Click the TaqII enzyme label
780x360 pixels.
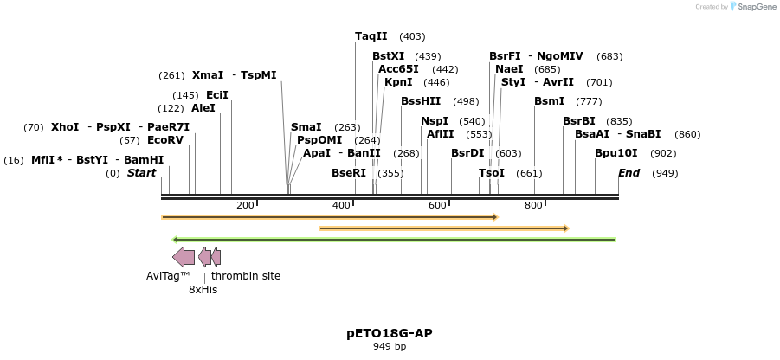click(371, 36)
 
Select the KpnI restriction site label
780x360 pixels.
click(398, 83)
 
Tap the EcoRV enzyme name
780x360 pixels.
click(165, 140)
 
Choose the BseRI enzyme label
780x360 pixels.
click(349, 173)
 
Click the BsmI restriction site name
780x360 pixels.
click(549, 101)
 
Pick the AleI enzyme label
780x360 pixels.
click(203, 108)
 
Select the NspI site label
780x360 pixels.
click(435, 121)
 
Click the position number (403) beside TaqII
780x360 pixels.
click(412, 36)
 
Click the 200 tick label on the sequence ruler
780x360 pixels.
click(245, 205)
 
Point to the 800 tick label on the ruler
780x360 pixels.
click(533, 205)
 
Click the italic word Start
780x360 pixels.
click(141, 173)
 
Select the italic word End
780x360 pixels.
click(629, 173)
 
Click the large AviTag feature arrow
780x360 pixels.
click(184, 256)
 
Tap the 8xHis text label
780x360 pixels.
click(203, 290)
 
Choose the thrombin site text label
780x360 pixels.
click(246, 276)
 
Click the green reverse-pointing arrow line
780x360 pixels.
click(394, 240)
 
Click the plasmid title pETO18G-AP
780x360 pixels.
click(390, 333)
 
